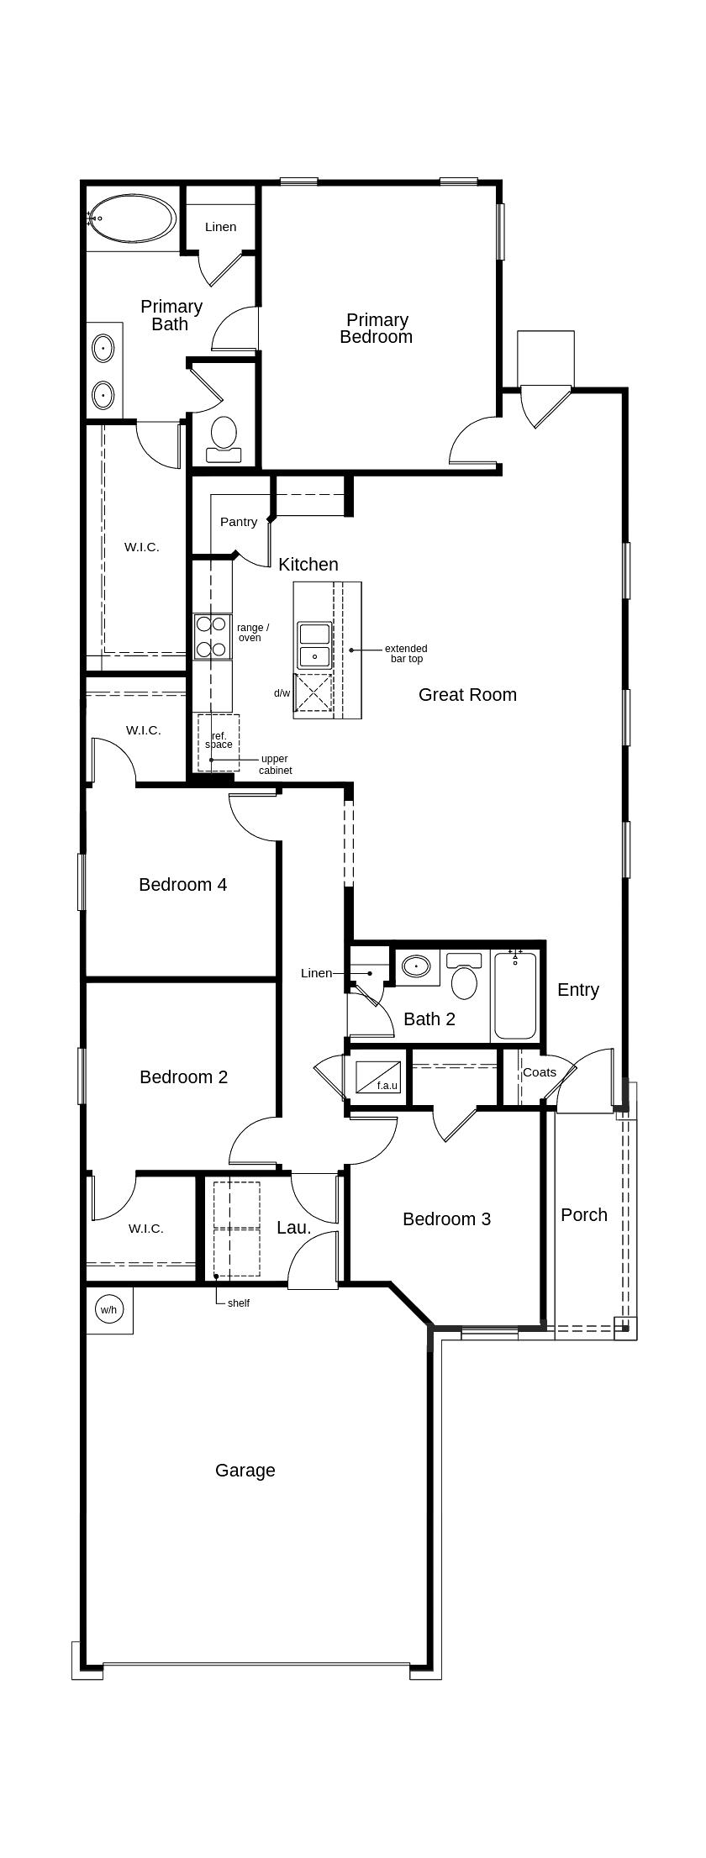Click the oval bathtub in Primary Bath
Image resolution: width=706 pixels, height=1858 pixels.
pyautogui.click(x=132, y=219)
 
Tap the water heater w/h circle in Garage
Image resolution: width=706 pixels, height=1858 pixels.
pyautogui.click(x=108, y=1309)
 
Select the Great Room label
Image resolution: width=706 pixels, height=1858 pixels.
pyautogui.click(x=467, y=694)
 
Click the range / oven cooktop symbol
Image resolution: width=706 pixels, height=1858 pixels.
pyautogui.click(x=212, y=636)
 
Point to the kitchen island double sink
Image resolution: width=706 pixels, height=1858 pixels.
pyautogui.click(x=314, y=645)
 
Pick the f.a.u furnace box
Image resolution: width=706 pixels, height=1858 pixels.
pyautogui.click(x=377, y=1077)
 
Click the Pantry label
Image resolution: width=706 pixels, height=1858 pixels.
pyautogui.click(x=239, y=522)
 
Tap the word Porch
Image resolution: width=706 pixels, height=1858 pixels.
pyautogui.click(x=584, y=1214)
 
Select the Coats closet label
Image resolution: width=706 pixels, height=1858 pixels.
pyautogui.click(x=539, y=1072)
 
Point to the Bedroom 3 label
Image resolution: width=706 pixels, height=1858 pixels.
pyautogui.click(x=446, y=1218)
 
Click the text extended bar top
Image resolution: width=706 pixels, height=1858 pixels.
pyautogui.click(x=406, y=654)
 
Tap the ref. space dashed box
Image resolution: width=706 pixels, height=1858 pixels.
pyautogui.click(x=219, y=743)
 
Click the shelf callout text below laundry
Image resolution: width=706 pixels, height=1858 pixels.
pyautogui.click(x=238, y=1303)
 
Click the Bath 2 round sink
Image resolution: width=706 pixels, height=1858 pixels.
pyautogui.click(x=415, y=966)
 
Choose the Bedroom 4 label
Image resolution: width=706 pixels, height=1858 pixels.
pyautogui.click(x=182, y=884)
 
